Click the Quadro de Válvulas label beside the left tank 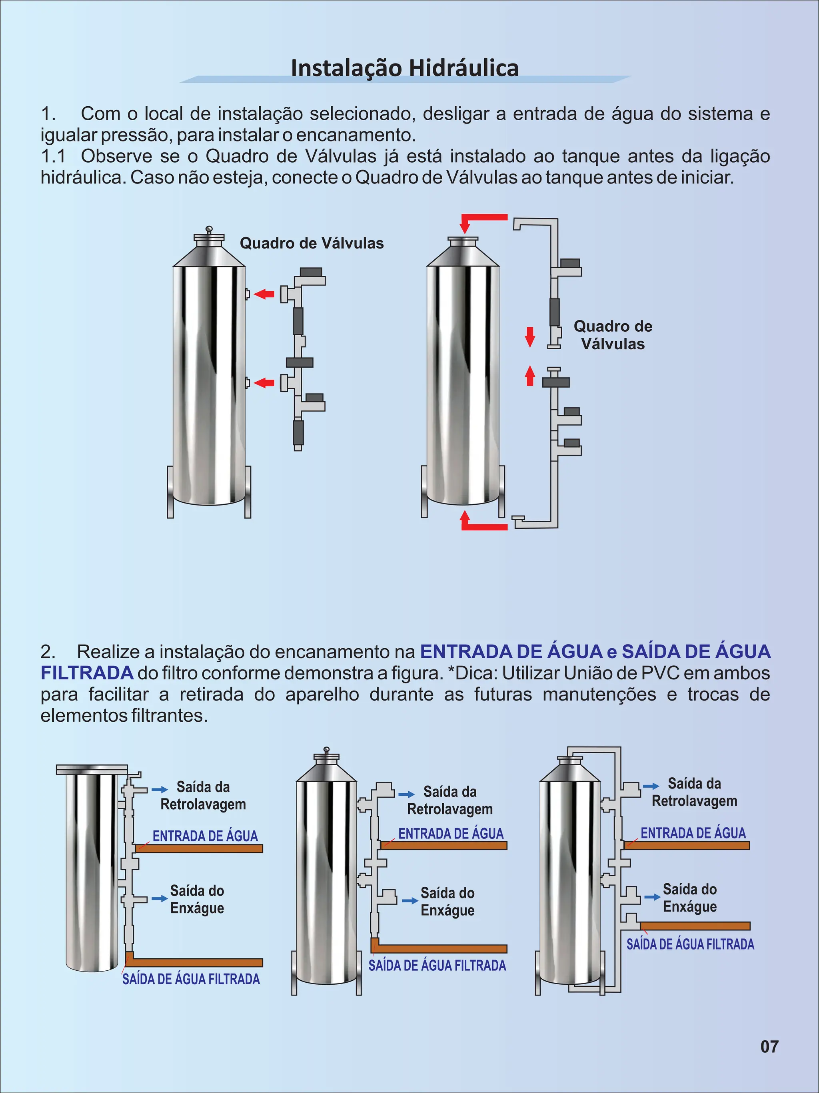coord(312,243)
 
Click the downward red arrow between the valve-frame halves coord(530,337)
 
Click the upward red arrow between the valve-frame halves coord(530,375)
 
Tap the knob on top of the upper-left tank coord(209,229)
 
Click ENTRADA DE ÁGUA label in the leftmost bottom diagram coord(205,836)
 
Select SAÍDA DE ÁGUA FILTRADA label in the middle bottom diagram coord(437,965)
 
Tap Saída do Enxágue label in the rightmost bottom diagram coord(689,898)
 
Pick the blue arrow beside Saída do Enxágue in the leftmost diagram coord(160,898)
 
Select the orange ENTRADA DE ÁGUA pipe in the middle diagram coord(443,846)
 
